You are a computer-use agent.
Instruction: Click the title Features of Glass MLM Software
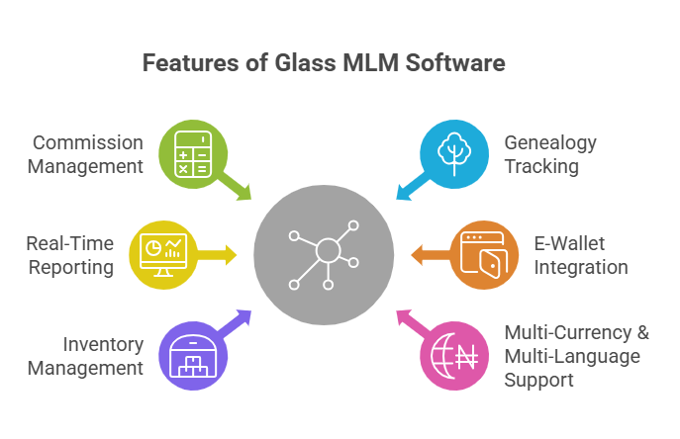point(324,63)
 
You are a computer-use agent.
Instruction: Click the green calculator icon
point(192,154)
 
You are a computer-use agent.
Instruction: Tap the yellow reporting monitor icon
point(162,254)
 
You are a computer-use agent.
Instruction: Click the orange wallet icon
point(485,254)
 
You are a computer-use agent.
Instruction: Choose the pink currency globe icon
point(455,353)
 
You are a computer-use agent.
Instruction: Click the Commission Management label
point(85,154)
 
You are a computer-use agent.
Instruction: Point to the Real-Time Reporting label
point(70,255)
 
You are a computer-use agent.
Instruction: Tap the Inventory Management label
point(85,356)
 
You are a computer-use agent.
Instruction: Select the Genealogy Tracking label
point(550,154)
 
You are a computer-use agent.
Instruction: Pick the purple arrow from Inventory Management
point(238,321)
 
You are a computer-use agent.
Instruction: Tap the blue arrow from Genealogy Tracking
point(409,188)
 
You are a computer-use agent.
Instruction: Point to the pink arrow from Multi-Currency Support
point(409,321)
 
